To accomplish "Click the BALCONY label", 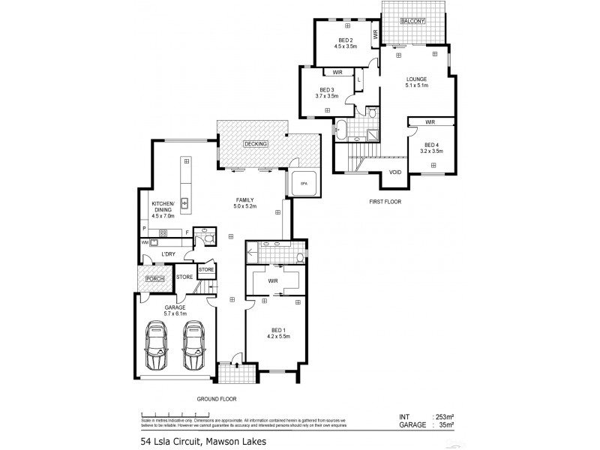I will click(x=412, y=21).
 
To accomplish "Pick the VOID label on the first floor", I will click(x=395, y=172).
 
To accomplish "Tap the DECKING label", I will click(x=256, y=144).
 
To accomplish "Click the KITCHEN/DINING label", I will click(x=163, y=208).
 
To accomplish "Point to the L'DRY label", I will click(x=169, y=255).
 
